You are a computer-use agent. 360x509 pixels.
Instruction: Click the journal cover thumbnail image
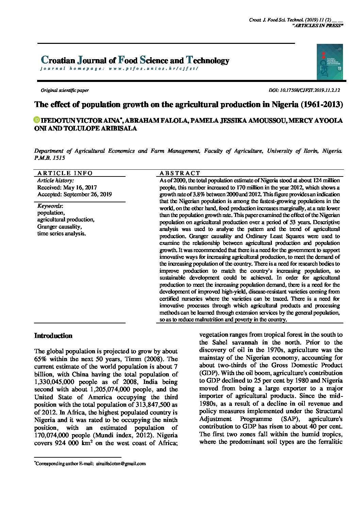click(329, 62)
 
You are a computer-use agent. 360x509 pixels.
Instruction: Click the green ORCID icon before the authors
click(37, 120)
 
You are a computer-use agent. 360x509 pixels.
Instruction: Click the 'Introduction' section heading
click(53, 336)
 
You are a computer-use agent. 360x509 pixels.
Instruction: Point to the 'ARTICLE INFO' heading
click(65, 173)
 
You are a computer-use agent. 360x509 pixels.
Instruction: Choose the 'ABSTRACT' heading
click(180, 173)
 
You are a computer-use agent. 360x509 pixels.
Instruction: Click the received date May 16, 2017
click(67, 187)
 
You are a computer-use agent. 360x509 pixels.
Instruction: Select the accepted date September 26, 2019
click(75, 194)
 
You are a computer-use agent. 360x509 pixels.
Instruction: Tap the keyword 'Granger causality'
click(59, 226)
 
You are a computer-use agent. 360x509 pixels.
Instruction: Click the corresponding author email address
click(121, 463)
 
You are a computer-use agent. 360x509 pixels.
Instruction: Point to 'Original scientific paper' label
click(65, 90)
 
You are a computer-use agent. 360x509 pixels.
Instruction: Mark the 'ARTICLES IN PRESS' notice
click(317, 26)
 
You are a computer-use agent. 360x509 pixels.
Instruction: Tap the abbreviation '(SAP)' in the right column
click(290, 419)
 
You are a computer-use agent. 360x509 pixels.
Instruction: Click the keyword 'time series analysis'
click(61, 234)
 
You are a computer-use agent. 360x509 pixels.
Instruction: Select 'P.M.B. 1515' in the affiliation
click(49, 158)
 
